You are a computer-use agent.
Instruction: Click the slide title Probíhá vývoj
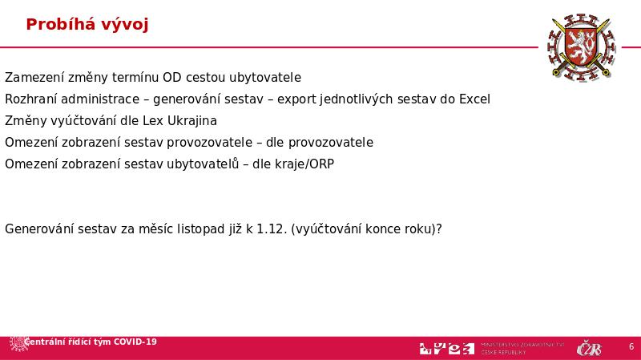[x=87, y=25]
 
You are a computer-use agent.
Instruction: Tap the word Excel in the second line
[x=474, y=99]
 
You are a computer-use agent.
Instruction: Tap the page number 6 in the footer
[x=631, y=347]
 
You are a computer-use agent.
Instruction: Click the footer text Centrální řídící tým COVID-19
[x=91, y=342]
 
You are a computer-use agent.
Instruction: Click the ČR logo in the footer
[x=589, y=348]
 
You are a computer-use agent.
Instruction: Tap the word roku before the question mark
[x=418, y=229]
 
